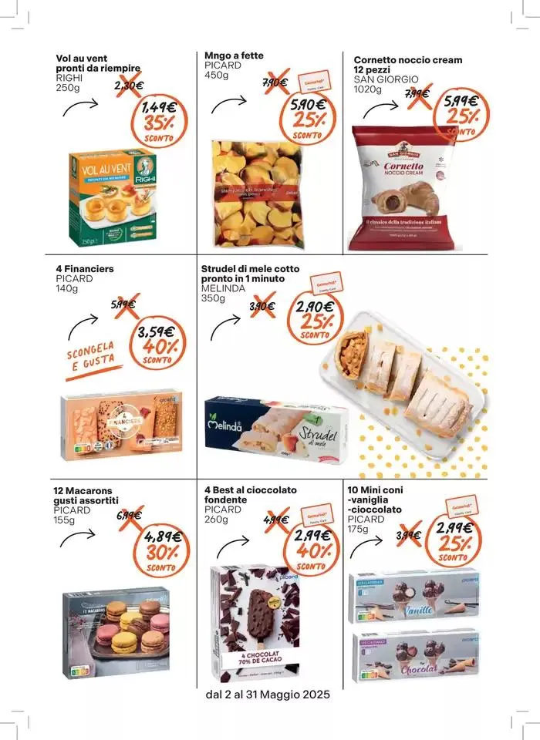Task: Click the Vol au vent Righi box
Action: pos(113,197)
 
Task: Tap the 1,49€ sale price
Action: pos(159,107)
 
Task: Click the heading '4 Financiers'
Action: pos(85,270)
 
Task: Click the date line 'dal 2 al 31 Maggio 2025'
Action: pos(268,695)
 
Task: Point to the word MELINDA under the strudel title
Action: pos(223,288)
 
